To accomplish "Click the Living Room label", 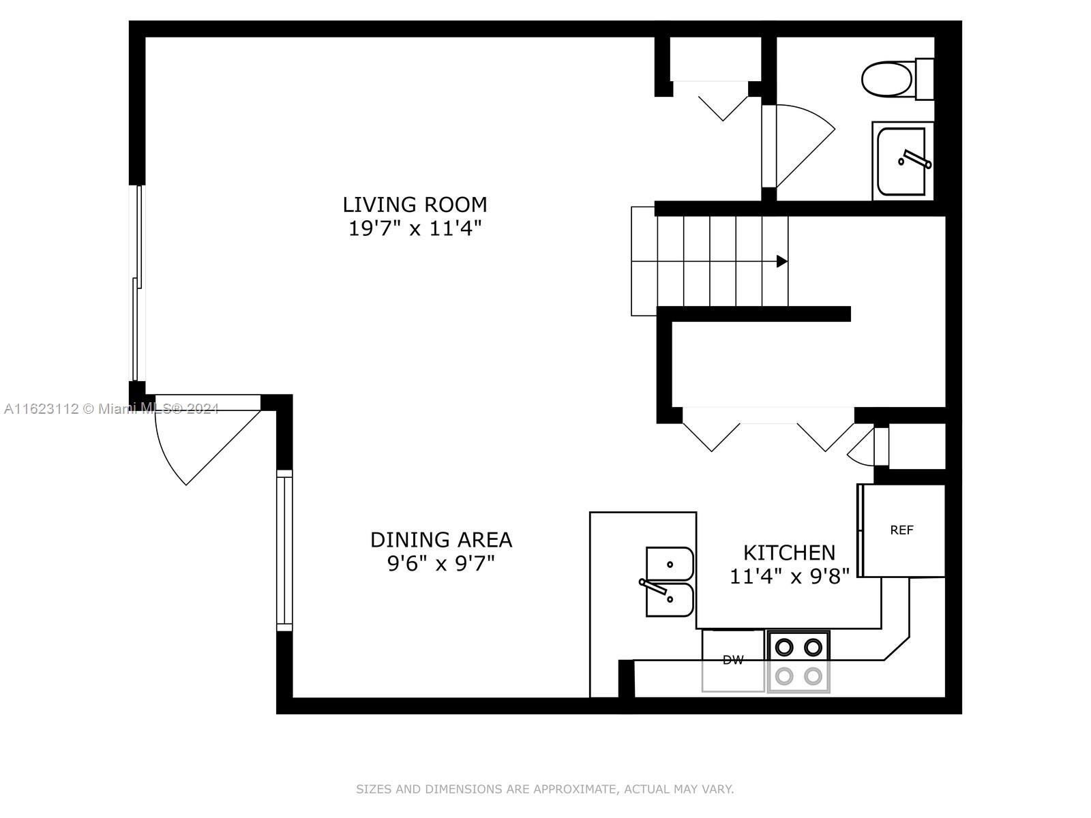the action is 415,204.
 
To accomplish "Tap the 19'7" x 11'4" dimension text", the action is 415,228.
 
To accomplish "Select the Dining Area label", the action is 441,540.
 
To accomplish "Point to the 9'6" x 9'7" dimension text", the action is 441,564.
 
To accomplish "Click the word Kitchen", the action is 789,553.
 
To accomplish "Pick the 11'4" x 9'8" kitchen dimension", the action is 790,577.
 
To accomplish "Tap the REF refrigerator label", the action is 901,530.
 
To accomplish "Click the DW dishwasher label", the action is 732,660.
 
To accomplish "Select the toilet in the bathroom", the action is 897,79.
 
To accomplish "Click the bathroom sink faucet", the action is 914,159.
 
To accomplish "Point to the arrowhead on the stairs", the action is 782,261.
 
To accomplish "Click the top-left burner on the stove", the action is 784,648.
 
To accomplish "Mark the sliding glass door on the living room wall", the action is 137,283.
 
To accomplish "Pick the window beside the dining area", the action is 284,550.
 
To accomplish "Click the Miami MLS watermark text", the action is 111,409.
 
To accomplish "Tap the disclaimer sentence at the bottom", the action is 545,789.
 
